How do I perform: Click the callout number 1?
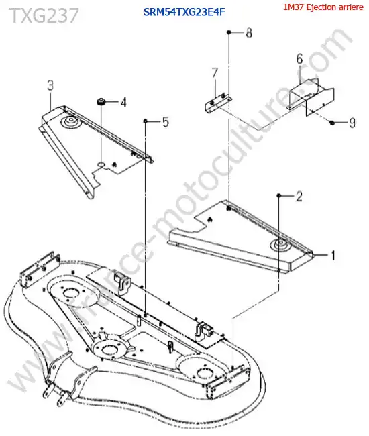click(332, 256)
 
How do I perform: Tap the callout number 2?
click(299, 197)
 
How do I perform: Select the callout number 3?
click(50, 86)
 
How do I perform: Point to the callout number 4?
click(123, 103)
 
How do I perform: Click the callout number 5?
click(166, 122)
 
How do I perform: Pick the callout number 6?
click(300, 58)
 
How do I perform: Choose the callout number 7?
click(215, 73)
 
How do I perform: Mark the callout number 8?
click(249, 33)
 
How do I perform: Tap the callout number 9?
click(352, 123)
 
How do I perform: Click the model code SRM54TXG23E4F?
click(184, 12)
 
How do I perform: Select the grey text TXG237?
click(44, 15)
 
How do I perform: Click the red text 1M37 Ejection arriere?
click(323, 7)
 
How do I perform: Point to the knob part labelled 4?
click(101, 102)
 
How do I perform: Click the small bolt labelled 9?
click(331, 122)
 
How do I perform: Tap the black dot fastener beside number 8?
click(229, 32)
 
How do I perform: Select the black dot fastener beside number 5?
click(145, 121)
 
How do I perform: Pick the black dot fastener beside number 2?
click(278, 196)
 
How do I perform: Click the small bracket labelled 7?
click(218, 103)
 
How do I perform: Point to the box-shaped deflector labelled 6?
click(311, 97)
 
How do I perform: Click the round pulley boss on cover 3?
click(70, 122)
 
